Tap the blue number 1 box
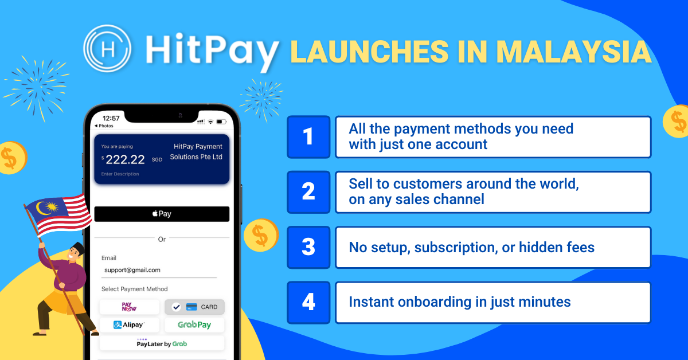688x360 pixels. pos(308,137)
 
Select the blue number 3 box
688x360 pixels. pos(308,247)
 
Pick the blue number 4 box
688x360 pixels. pos(308,302)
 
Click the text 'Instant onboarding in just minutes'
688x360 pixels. pos(460,302)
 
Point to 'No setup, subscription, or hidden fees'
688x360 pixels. pos(471,247)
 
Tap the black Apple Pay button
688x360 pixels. pos(162,214)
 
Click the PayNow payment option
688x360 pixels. pos(130,307)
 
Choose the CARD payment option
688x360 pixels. pos(194,307)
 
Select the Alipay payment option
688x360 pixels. pos(130,325)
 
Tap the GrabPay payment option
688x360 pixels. pos(194,325)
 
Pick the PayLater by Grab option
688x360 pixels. pos(162,343)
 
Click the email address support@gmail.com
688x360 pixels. pos(132,269)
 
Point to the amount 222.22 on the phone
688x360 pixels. pos(125,160)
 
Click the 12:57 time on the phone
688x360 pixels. pos(111,118)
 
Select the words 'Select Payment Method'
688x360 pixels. pos(135,289)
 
